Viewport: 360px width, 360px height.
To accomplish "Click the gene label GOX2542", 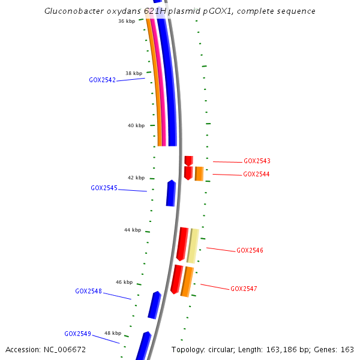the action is (102, 80).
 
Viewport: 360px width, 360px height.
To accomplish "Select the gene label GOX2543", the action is (257, 161).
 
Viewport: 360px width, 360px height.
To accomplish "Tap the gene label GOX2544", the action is (256, 174).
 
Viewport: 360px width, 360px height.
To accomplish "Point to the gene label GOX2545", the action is (104, 188).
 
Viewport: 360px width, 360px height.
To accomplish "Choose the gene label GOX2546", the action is (250, 250).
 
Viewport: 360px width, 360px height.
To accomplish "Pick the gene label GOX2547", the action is (244, 289).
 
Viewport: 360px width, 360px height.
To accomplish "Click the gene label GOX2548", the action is (88, 291).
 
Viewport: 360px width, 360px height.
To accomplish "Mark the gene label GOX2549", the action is (77, 334).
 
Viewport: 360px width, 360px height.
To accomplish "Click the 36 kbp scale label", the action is (127, 21).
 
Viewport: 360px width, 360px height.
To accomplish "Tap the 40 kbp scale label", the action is (136, 125).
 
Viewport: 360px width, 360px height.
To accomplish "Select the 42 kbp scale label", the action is (136, 178).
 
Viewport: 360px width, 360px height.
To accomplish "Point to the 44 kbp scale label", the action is (133, 230).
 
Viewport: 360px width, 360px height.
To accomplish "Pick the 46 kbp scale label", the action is (124, 282).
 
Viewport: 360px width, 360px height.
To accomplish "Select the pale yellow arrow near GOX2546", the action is (193, 245).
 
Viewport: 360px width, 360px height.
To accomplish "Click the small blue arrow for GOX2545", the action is (171, 193).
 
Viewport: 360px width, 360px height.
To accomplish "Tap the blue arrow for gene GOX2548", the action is (154, 305).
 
